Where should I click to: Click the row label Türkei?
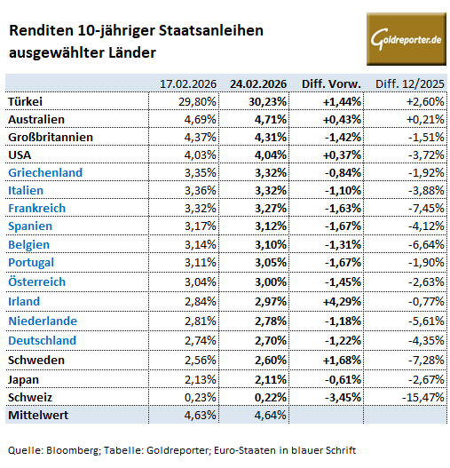(25, 101)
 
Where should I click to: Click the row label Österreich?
(36, 281)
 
